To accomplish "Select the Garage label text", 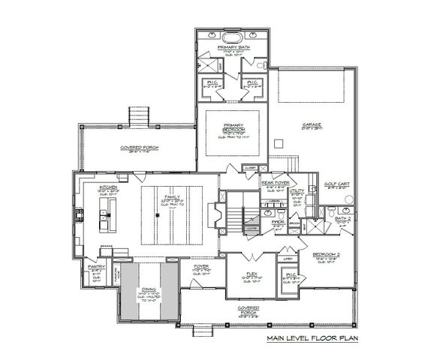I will click(312, 124).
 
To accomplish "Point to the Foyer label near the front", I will click(201, 265).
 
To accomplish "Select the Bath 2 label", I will click(343, 218).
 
